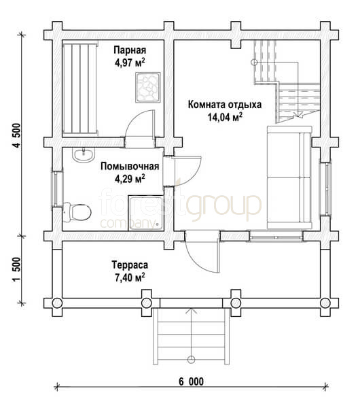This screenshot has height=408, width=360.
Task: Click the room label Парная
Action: [130, 50]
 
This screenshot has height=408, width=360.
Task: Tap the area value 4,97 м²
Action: [130, 63]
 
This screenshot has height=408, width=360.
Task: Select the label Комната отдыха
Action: [225, 105]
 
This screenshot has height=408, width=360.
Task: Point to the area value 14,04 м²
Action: [225, 117]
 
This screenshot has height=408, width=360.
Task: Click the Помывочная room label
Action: [130, 167]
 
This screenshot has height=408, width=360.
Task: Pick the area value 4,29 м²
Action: [130, 179]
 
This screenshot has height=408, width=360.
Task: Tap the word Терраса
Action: [130, 265]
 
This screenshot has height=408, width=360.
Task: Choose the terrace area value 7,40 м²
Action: [130, 277]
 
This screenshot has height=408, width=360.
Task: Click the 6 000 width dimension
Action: [191, 381]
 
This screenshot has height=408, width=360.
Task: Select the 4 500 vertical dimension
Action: [16, 135]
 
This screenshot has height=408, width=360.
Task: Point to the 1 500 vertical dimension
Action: [16, 269]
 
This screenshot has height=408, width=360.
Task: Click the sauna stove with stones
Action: [147, 87]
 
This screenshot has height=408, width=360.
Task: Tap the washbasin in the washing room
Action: [83, 155]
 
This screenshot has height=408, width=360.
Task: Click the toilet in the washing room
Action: [77, 212]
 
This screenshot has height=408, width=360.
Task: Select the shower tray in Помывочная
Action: [146, 213]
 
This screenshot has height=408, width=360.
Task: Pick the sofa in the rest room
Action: [289, 177]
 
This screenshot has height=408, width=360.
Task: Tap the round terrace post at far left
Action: [57, 303]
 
